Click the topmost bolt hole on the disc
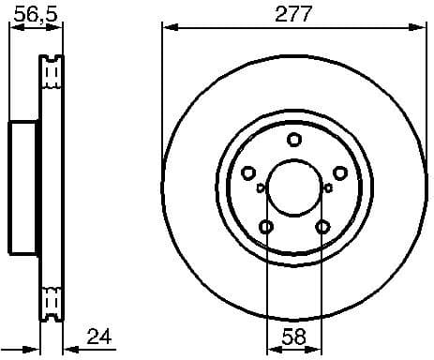(294, 141)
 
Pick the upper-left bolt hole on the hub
(248, 172)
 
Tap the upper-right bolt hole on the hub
(340, 172)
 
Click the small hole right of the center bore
(327, 187)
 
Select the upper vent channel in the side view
(52, 73)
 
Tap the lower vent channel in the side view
(52, 303)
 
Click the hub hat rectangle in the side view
(25, 187)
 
